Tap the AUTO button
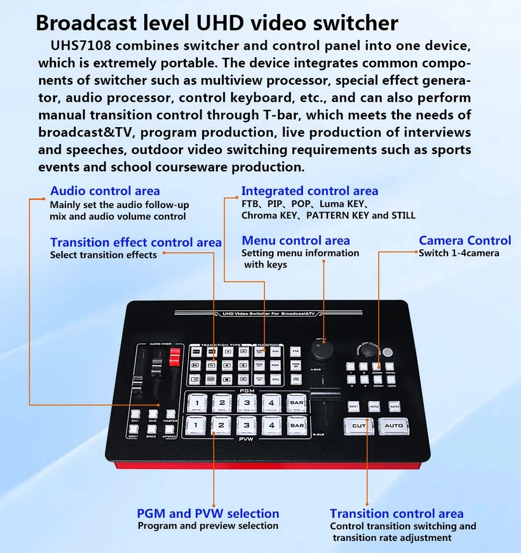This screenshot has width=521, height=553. [394, 426]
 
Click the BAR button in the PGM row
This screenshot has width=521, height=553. [296, 402]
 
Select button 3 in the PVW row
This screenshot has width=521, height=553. [247, 425]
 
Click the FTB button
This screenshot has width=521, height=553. [296, 351]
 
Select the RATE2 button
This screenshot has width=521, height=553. [374, 407]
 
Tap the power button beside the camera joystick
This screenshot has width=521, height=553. [388, 351]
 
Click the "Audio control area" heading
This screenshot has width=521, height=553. [105, 191]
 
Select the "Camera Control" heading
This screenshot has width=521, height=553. [465, 240]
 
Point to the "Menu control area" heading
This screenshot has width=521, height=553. [296, 240]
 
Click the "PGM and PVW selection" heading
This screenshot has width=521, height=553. [208, 513]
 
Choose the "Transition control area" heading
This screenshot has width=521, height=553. [397, 514]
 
